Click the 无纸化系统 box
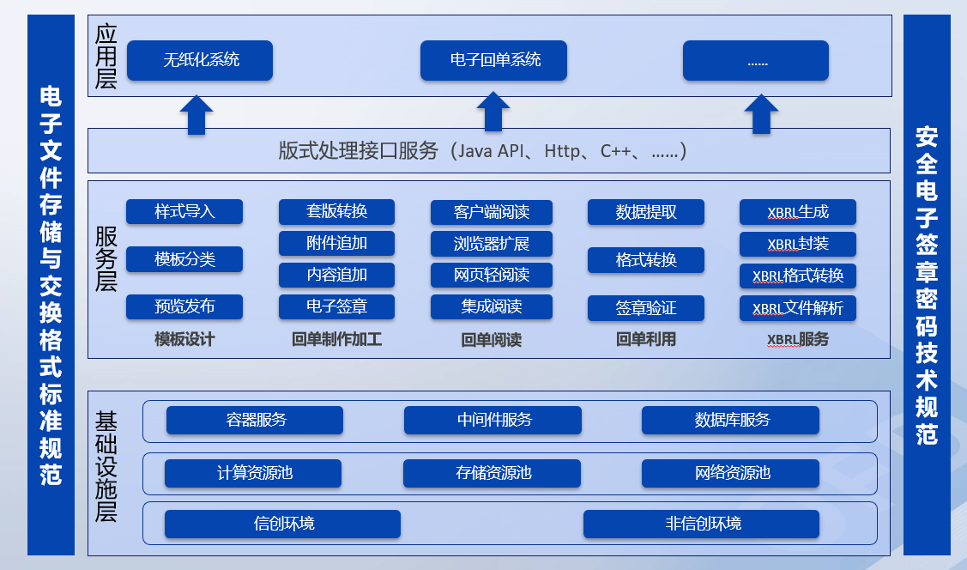(200, 61)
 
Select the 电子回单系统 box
(493, 61)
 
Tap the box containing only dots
(756, 61)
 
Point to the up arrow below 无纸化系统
(196, 115)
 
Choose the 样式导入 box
(184, 211)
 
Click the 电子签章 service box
(336, 306)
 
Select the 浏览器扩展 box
(492, 244)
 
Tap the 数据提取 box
(646, 212)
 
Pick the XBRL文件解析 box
(798, 308)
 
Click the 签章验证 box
(646, 307)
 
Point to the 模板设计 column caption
(184, 339)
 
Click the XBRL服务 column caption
(798, 339)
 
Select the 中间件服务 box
(493, 420)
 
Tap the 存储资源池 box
(493, 473)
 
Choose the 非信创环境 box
(702, 524)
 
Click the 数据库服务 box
(731, 420)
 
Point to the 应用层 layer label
(106, 57)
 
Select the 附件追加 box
(336, 243)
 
